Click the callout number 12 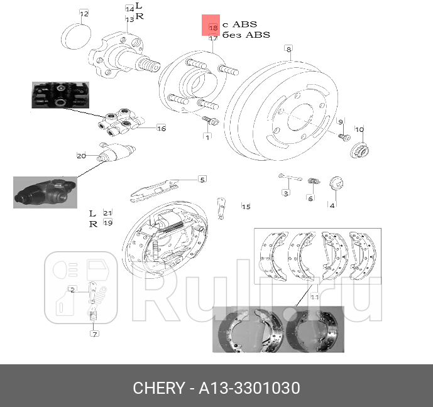(x=84, y=13)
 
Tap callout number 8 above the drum (x=288, y=49)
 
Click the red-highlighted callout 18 (x=212, y=28)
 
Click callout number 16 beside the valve (x=161, y=128)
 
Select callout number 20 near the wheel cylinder (x=81, y=156)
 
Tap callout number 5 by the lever (x=202, y=180)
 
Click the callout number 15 (x=246, y=206)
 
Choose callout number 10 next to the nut (x=359, y=130)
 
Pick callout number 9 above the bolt (x=341, y=121)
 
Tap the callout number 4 (x=332, y=204)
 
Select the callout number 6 (x=310, y=198)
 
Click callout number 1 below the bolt (x=207, y=136)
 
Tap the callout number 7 (x=95, y=334)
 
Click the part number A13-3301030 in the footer (x=250, y=388)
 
